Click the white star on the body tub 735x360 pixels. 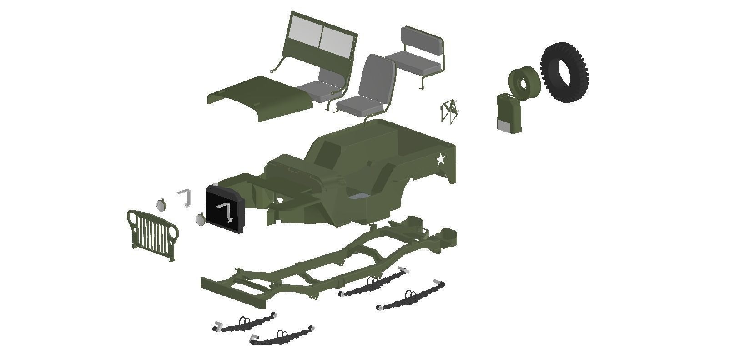(x=440, y=159)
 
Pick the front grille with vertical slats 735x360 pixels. (x=152, y=235)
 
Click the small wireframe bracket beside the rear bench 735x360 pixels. (x=449, y=111)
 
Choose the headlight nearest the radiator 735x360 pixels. (x=200, y=219)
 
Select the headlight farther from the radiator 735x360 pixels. (x=161, y=205)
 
